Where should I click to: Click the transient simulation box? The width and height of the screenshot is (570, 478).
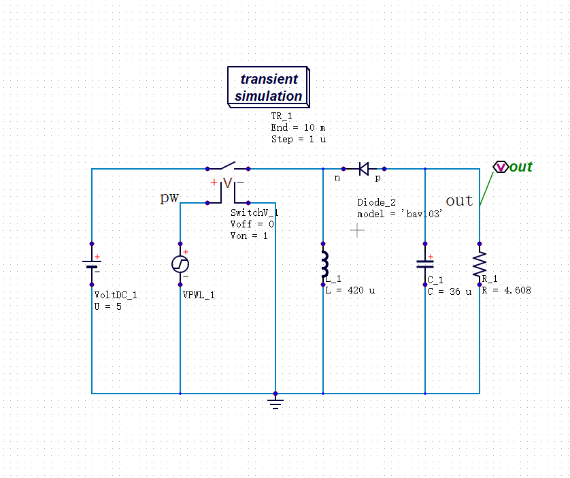pyautogui.click(x=269, y=87)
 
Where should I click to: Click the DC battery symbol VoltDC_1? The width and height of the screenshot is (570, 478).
pyautogui.click(x=92, y=264)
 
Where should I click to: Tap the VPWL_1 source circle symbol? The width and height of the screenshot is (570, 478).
pyautogui.click(x=180, y=264)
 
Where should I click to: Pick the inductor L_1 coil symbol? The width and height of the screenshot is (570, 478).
pyautogui.click(x=324, y=264)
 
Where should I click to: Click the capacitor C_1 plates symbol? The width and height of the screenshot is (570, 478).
pyautogui.click(x=425, y=264)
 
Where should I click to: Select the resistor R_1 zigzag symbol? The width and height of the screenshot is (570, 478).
pyautogui.click(x=480, y=264)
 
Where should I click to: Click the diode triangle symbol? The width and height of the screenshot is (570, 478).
pyautogui.click(x=363, y=169)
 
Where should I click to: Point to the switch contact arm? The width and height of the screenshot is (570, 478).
pyautogui.click(x=228, y=165)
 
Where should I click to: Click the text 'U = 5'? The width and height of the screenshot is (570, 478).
pyautogui.click(x=108, y=306)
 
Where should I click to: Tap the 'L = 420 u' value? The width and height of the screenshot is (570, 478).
pyautogui.click(x=350, y=290)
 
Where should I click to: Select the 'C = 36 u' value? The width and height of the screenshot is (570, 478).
pyautogui.click(x=450, y=291)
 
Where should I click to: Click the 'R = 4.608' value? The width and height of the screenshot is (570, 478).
pyautogui.click(x=506, y=290)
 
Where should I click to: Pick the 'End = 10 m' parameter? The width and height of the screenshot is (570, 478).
pyautogui.click(x=298, y=128)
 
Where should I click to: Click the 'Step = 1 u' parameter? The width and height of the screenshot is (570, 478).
pyautogui.click(x=299, y=140)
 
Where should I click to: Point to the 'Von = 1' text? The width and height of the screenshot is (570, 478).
pyautogui.click(x=249, y=236)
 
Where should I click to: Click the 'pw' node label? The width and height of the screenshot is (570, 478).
pyautogui.click(x=169, y=197)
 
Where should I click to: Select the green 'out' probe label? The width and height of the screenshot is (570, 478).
pyautogui.click(x=520, y=167)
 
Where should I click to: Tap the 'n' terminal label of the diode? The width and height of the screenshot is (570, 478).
pyautogui.click(x=337, y=178)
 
